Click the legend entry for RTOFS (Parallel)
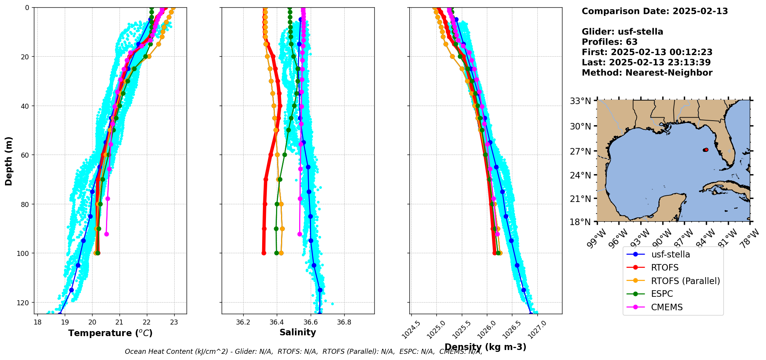coord(685,281)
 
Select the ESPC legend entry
coord(662,294)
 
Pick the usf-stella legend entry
coord(670,254)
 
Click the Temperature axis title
coord(110,333)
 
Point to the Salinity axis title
coord(298,332)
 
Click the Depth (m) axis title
coord(8,161)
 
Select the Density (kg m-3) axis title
coord(485,347)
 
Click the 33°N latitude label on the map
coord(580,101)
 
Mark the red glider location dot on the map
coord(706,150)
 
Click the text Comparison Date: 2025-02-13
coord(655,11)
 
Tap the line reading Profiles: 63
coord(609,42)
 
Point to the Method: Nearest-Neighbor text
coord(647,73)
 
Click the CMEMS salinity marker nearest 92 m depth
coord(300,234)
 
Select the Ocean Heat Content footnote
coord(303,352)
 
